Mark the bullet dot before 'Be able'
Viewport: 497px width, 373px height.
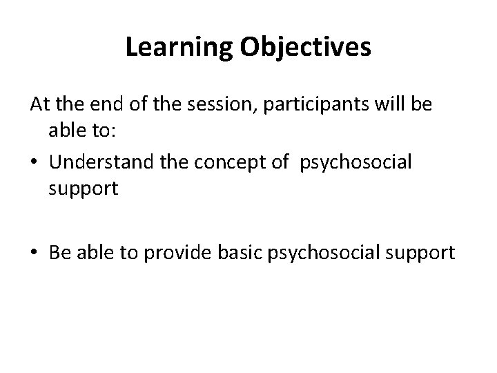click(x=35, y=254)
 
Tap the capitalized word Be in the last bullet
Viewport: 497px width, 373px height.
click(x=58, y=254)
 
